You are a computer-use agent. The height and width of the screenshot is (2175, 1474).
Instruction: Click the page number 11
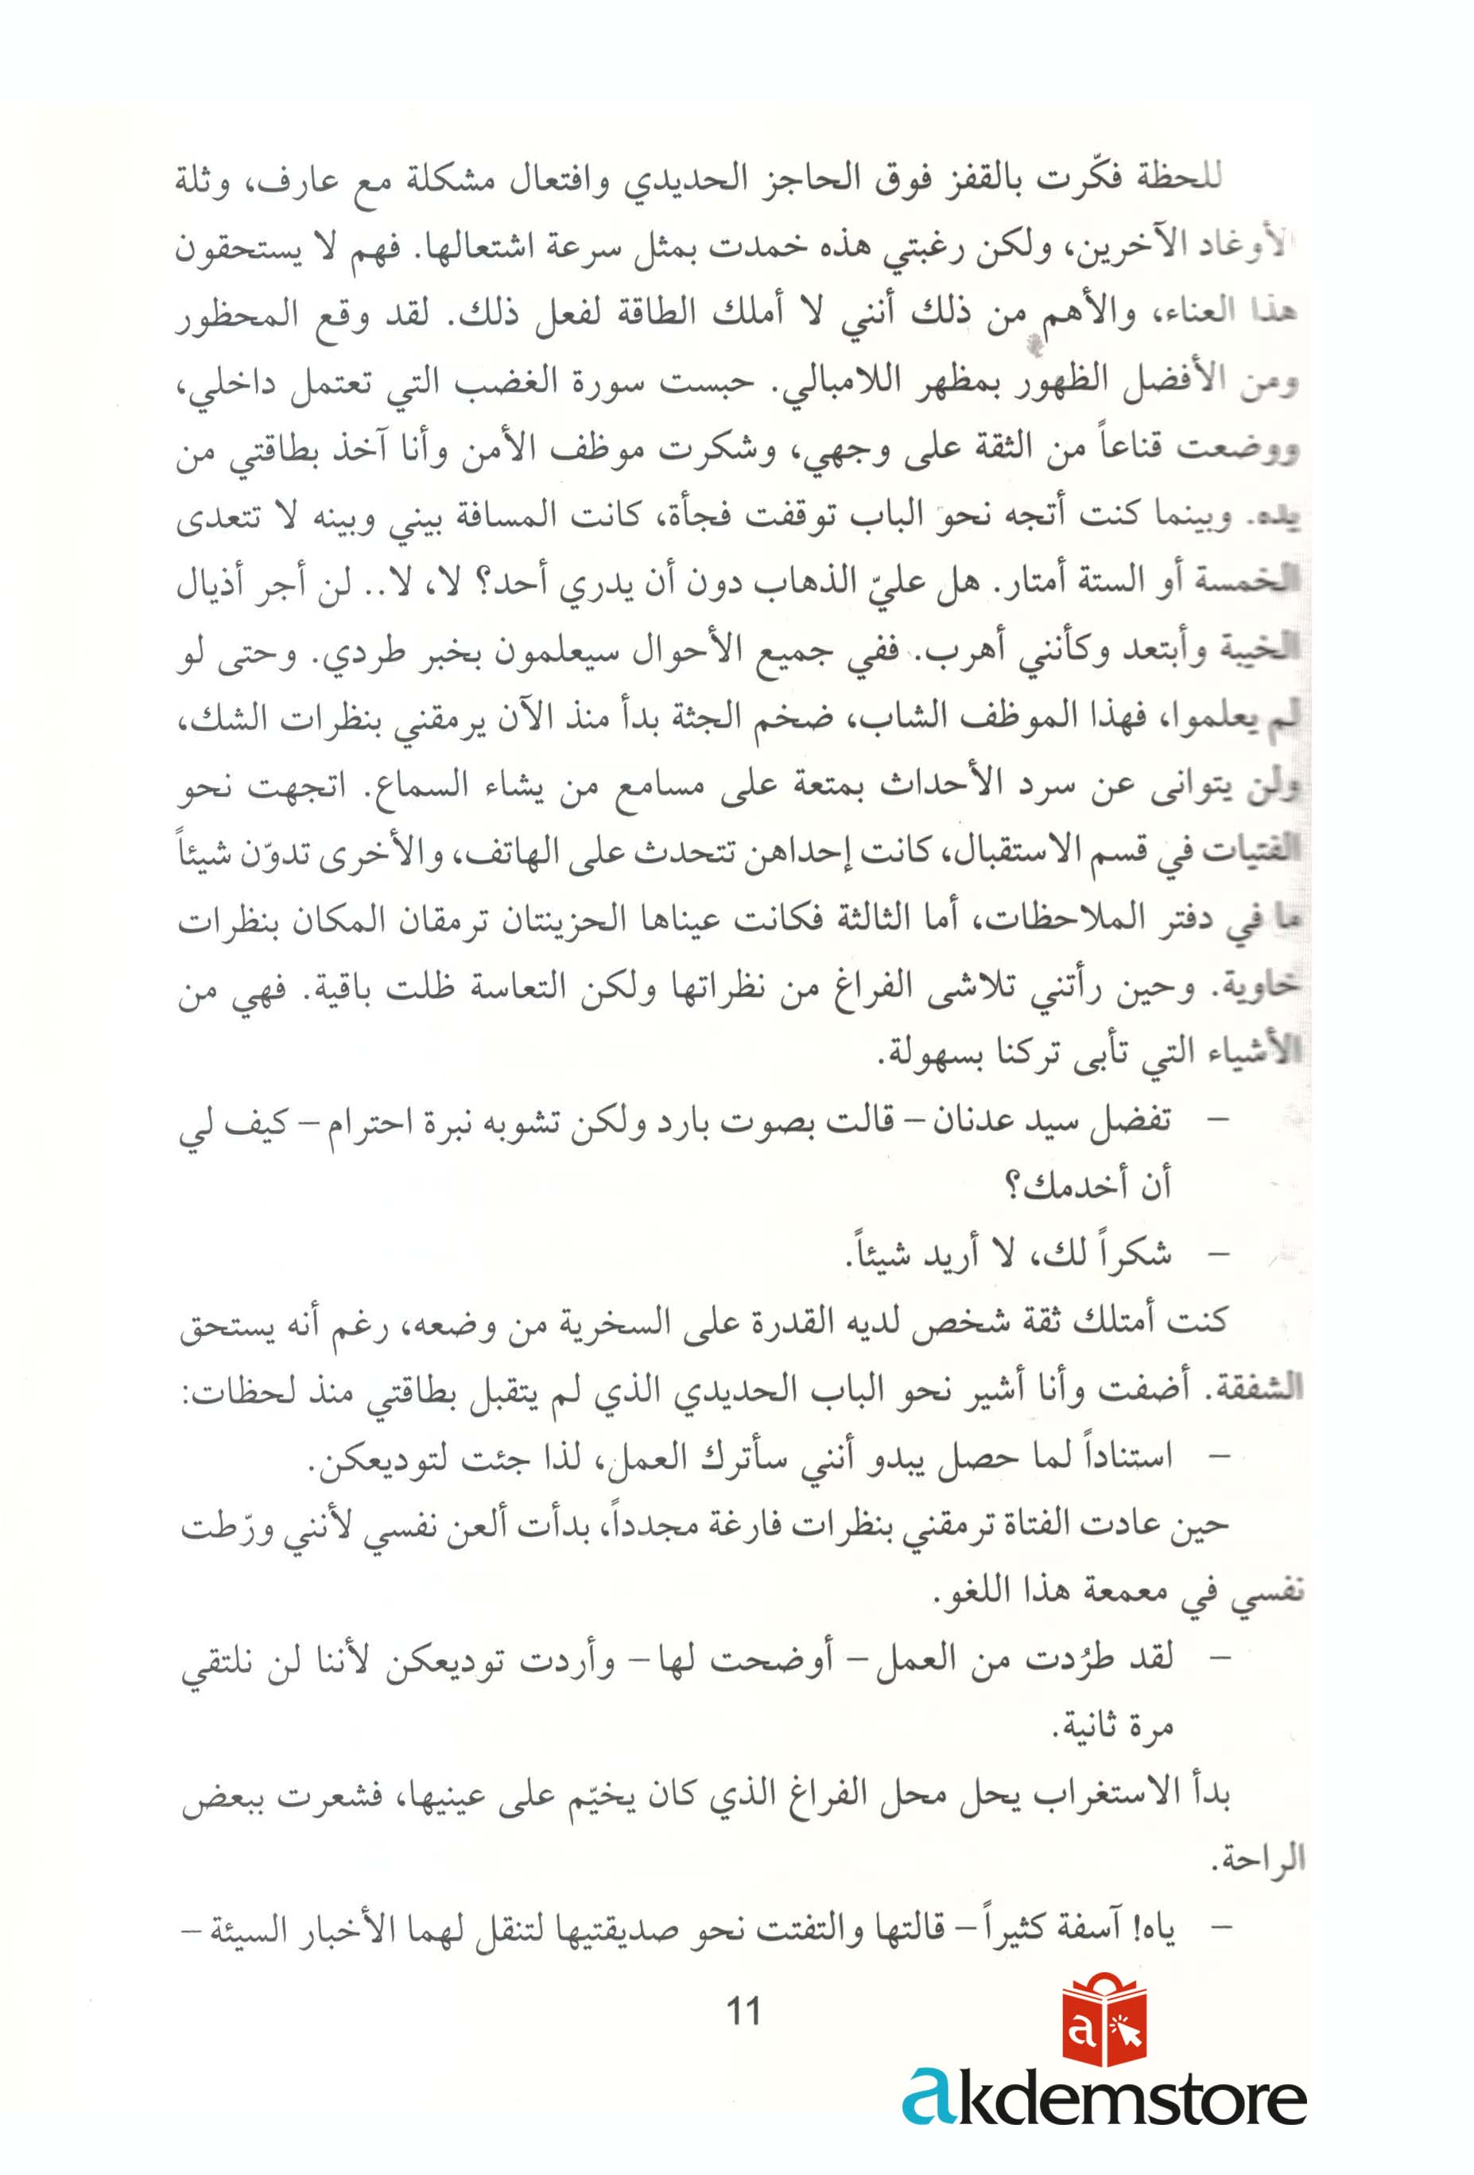click(x=743, y=2010)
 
